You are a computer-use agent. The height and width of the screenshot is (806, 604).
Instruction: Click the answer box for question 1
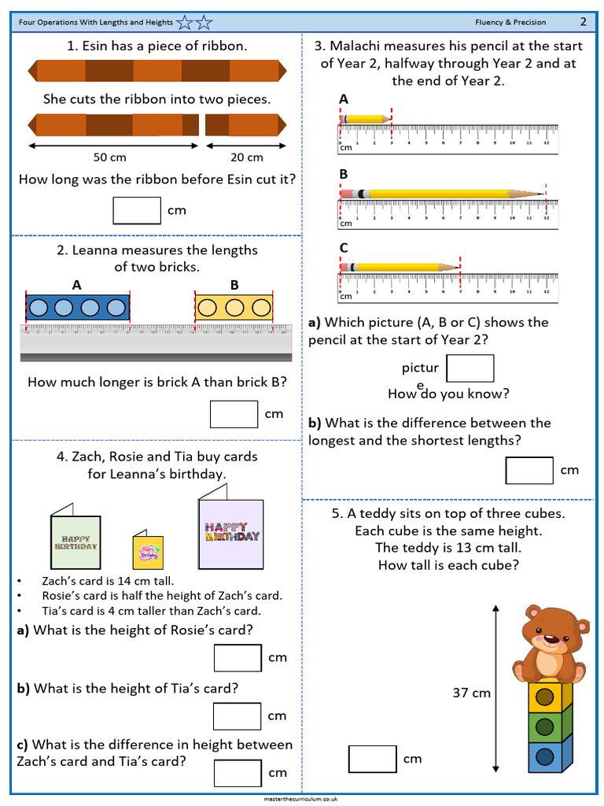point(137,210)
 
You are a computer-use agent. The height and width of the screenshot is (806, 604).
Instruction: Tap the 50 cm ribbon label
point(110,157)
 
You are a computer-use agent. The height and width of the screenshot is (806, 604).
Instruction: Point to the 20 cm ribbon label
point(247,157)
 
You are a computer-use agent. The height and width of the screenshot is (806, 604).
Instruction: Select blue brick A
point(77,308)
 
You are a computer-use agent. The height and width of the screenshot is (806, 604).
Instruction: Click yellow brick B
point(234,308)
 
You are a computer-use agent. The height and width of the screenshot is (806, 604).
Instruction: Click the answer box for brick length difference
point(234,414)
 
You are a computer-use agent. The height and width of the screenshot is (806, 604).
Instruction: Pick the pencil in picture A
point(366,120)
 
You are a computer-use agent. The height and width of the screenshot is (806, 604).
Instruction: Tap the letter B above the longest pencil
point(344,174)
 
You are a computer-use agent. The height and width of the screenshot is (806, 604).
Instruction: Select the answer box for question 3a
point(470,368)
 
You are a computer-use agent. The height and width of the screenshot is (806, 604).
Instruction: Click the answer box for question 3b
point(529,470)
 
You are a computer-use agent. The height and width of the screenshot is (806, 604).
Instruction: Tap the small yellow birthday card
point(147,552)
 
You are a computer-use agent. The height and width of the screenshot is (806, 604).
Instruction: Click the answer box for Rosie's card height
point(238,657)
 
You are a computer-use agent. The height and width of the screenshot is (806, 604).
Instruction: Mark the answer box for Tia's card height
point(238,716)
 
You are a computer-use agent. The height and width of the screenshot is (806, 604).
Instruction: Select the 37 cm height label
point(471,693)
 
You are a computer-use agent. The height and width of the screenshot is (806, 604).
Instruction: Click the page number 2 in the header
point(584,21)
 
